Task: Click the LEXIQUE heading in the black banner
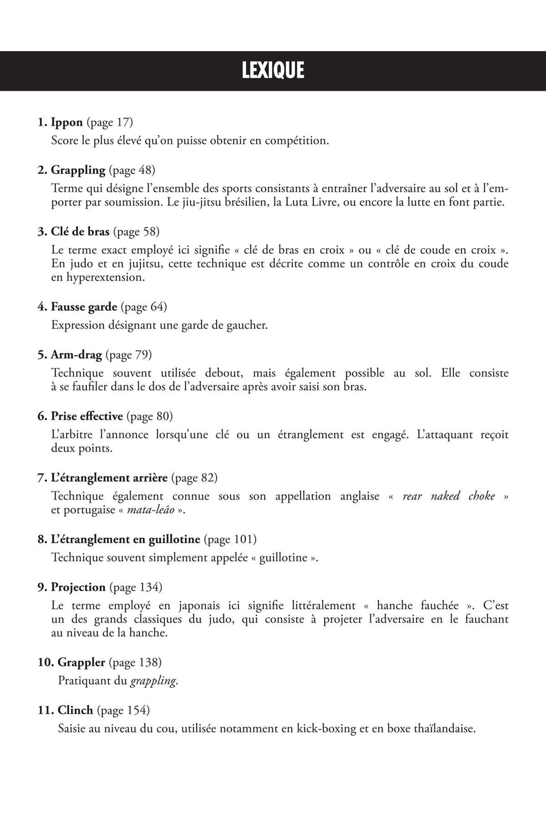point(273,71)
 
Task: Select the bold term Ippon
point(66,122)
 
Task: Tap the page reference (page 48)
point(132,170)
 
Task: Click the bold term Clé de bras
point(80,232)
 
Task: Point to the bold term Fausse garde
point(84,307)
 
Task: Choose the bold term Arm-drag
point(76,354)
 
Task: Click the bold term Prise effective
point(86,416)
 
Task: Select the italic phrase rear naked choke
point(449,496)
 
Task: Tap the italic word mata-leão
point(151,510)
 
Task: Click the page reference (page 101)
point(230,539)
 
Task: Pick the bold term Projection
point(78,587)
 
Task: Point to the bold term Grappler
point(81,662)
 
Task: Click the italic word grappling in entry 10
point(153,681)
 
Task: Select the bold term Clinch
point(75,710)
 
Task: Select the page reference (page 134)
point(136,587)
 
